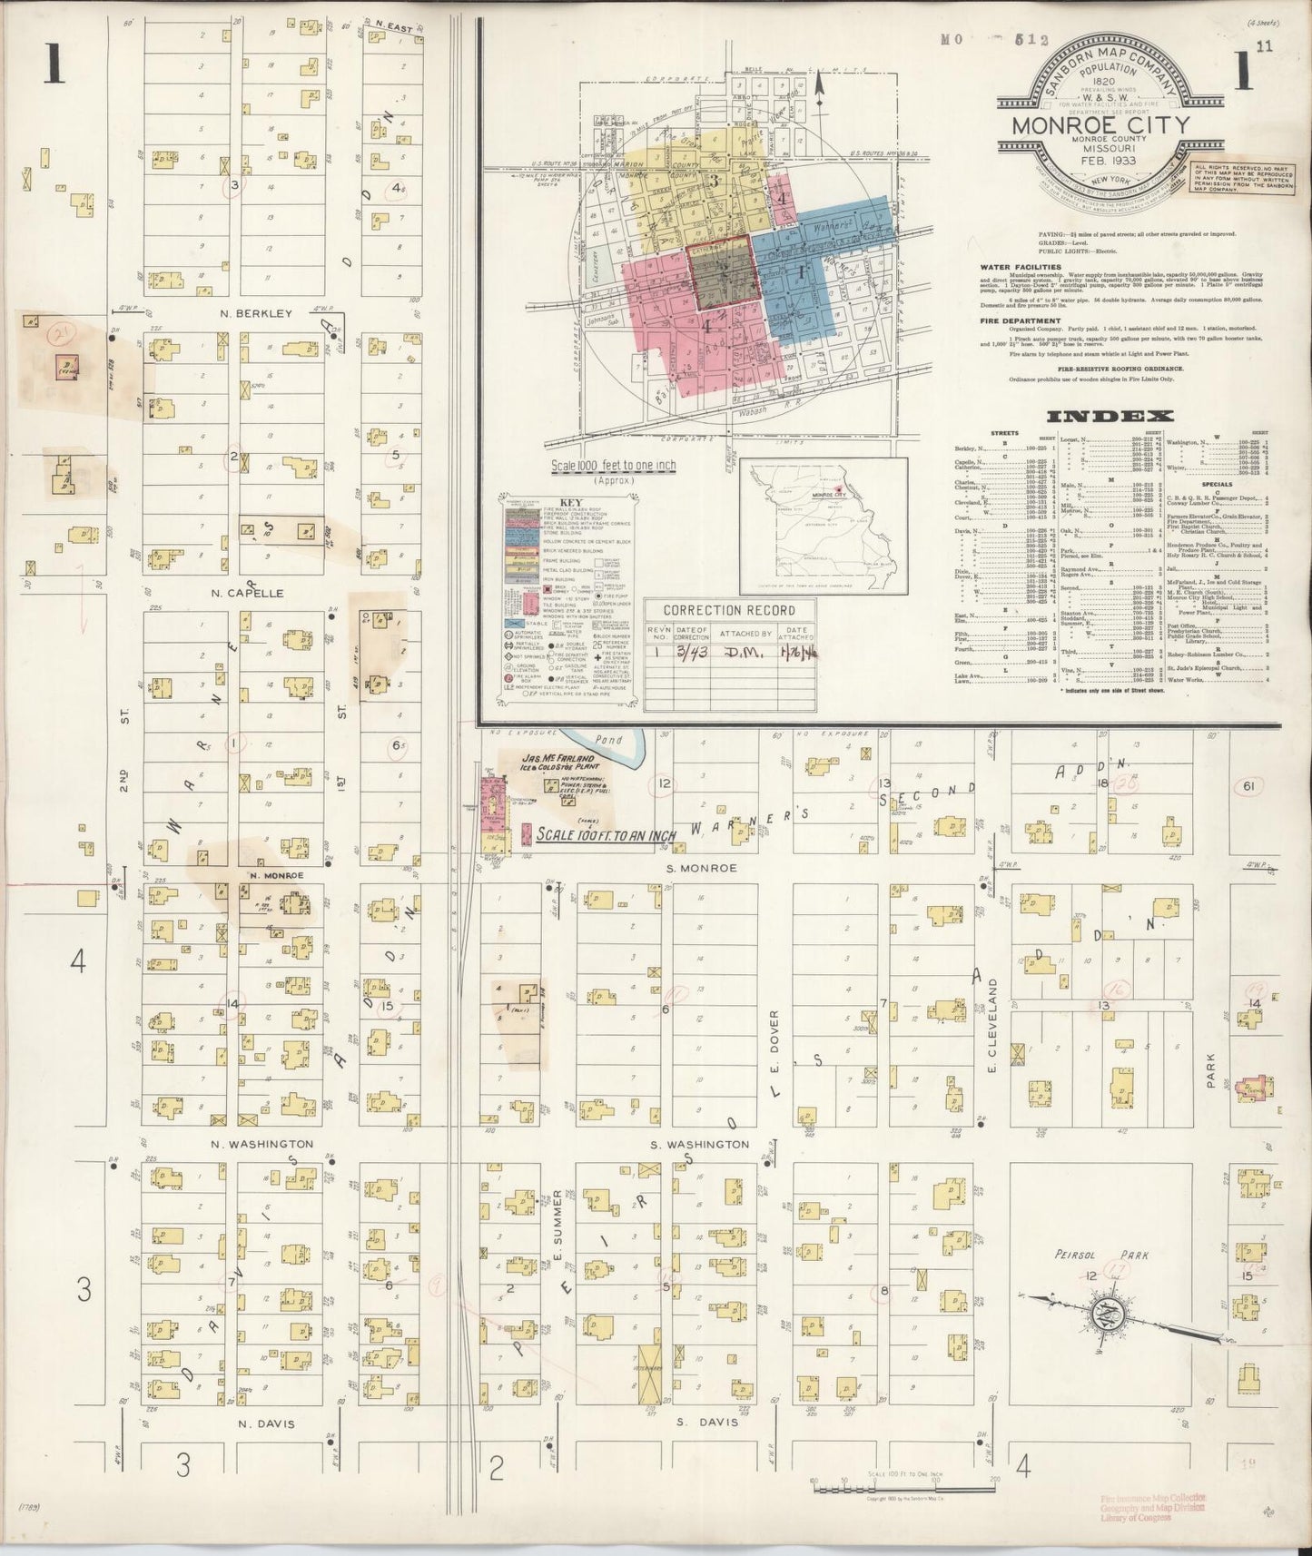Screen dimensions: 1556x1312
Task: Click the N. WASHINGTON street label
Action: pos(262,1145)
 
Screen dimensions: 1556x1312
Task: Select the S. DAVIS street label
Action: pos(707,1422)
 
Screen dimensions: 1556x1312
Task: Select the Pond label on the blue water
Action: pos(611,740)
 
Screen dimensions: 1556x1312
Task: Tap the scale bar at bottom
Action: pos(904,1487)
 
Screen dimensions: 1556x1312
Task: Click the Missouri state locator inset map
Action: pos(823,524)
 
